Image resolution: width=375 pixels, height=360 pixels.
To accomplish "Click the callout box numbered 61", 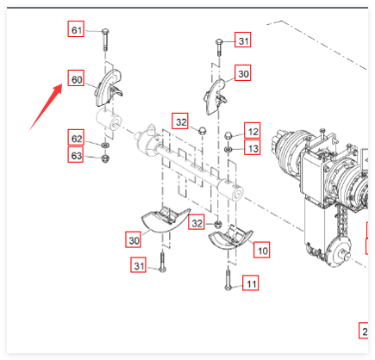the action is (76, 28).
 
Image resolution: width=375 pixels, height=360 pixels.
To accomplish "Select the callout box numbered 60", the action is (76, 78).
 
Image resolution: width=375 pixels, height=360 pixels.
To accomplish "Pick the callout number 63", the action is (76, 154).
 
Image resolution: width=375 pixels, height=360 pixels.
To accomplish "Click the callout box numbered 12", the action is (253, 130).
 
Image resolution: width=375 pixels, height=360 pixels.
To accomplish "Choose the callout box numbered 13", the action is (253, 147).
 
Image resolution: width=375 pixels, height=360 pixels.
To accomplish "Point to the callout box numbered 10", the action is (261, 250).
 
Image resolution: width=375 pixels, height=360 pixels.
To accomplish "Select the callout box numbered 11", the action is (250, 282).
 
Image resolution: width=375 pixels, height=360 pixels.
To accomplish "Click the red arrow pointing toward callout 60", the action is (46, 107).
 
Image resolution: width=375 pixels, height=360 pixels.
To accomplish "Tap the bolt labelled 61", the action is (105, 40).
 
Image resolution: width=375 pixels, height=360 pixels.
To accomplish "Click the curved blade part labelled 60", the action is (108, 87).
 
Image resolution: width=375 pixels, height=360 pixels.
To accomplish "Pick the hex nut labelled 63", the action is (105, 158).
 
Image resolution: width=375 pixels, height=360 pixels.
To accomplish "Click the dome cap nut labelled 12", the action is (228, 135).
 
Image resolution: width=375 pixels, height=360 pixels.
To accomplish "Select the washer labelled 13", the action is (228, 149).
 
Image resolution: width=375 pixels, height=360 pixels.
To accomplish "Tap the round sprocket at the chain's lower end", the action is (339, 251).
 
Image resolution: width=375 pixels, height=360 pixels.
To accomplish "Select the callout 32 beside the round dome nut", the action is (180, 121).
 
